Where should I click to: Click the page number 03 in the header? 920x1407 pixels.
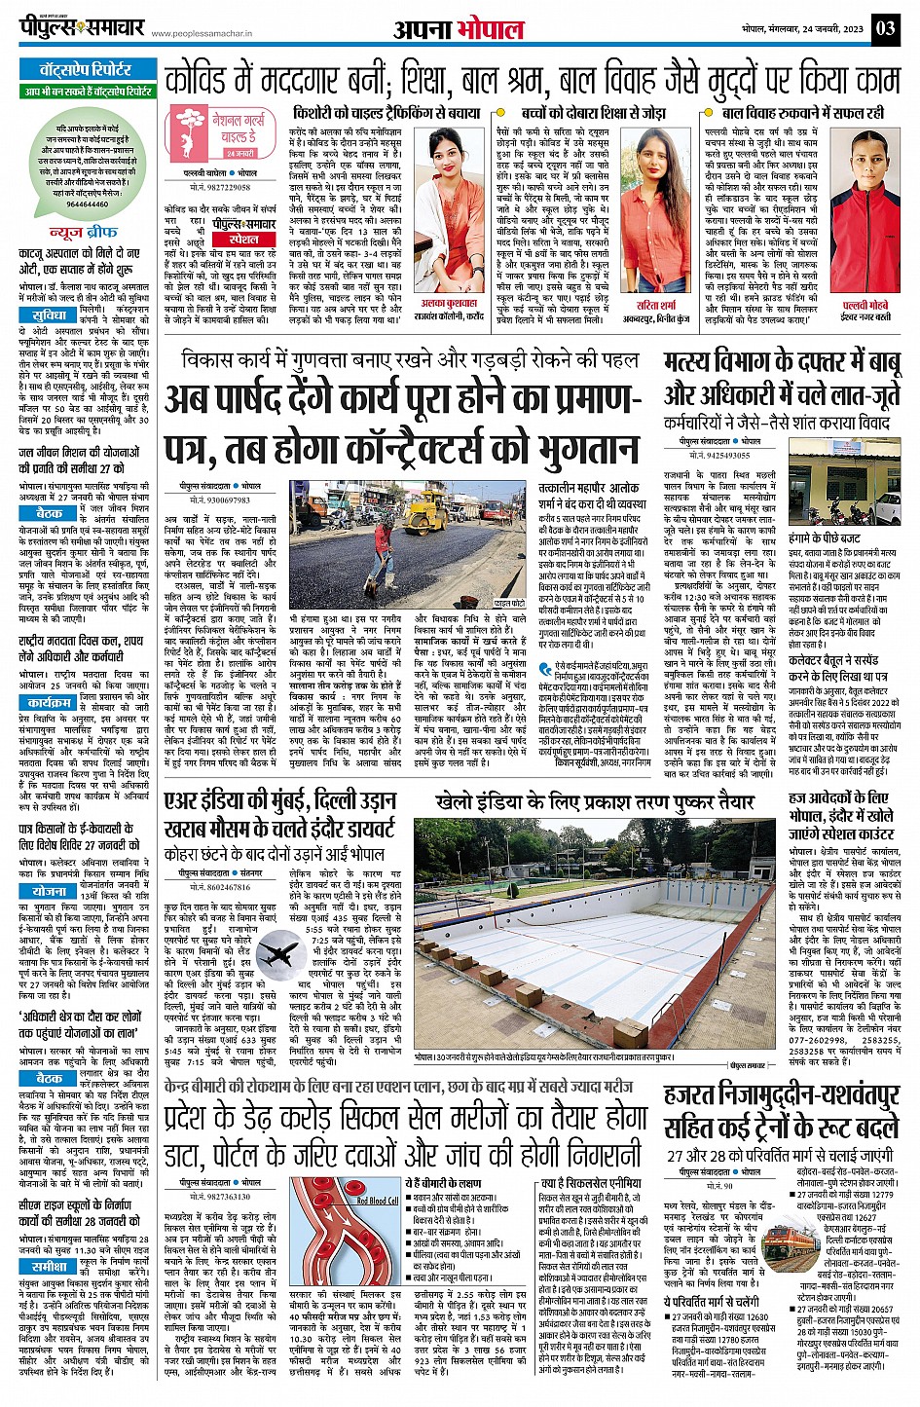coord(885,27)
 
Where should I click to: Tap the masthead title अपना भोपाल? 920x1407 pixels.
coord(459,29)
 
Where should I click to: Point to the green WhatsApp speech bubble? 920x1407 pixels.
coord(88,167)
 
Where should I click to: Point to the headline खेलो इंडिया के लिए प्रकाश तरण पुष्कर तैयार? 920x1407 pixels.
coord(594,802)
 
